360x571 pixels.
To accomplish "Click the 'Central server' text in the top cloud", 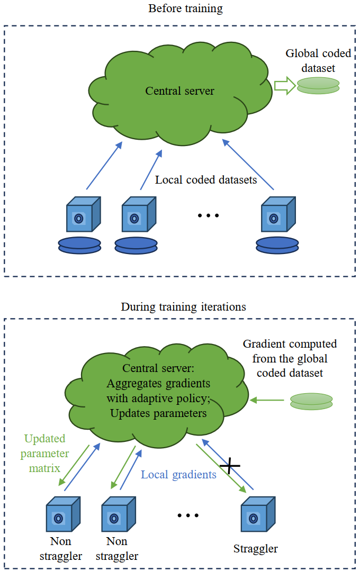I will [x=180, y=91].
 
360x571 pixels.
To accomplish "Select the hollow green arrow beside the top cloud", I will [x=284, y=86].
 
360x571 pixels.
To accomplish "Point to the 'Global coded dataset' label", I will [x=310, y=61].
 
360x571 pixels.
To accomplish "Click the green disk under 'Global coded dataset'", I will [x=318, y=86].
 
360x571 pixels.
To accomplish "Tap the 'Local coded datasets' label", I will [x=206, y=180].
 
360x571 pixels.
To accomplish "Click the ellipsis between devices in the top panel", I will [x=208, y=215].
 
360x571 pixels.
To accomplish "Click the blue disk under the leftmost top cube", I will [x=79, y=245].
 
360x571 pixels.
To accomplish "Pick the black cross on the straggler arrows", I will [x=230, y=465].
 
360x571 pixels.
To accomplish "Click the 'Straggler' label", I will [x=256, y=548].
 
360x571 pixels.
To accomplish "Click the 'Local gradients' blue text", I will [x=178, y=474].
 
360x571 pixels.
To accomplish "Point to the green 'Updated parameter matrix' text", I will [x=45, y=454].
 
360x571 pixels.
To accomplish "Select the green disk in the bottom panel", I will [x=311, y=401].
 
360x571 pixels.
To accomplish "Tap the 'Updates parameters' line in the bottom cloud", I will [x=158, y=413].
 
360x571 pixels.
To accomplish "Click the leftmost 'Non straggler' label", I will [x=60, y=548].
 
